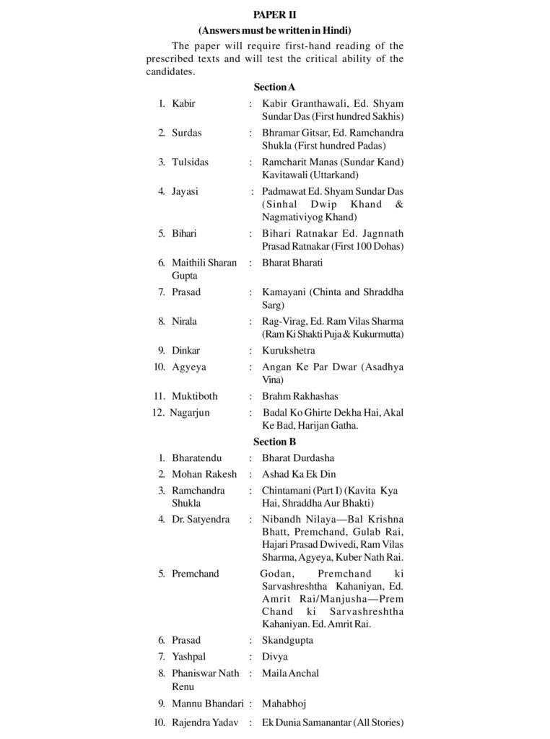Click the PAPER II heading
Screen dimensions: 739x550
[x=274, y=14]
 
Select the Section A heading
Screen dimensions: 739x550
[x=274, y=87]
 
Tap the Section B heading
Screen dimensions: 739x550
[x=274, y=442]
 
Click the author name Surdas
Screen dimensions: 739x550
[x=187, y=133]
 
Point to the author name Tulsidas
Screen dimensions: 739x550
[x=190, y=162]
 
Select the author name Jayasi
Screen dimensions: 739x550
[x=185, y=192]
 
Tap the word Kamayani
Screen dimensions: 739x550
[x=285, y=292]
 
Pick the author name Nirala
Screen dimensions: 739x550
[x=184, y=321]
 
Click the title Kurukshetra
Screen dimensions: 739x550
[x=289, y=351]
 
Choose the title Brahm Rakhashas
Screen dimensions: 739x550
[x=300, y=396]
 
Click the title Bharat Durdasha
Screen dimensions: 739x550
[x=298, y=458]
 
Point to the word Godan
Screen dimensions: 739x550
[x=276, y=574]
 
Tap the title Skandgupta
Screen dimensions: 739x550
[x=287, y=640]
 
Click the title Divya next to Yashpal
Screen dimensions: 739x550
[x=275, y=657]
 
